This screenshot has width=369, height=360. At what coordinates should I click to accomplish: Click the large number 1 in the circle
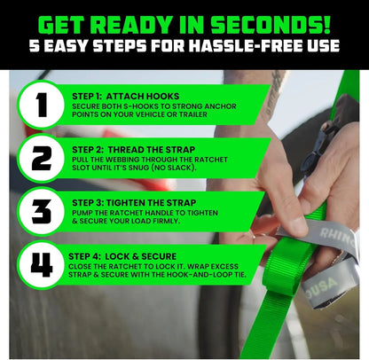point(41,104)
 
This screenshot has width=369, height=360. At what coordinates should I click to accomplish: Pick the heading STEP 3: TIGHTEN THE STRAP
point(133,203)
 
